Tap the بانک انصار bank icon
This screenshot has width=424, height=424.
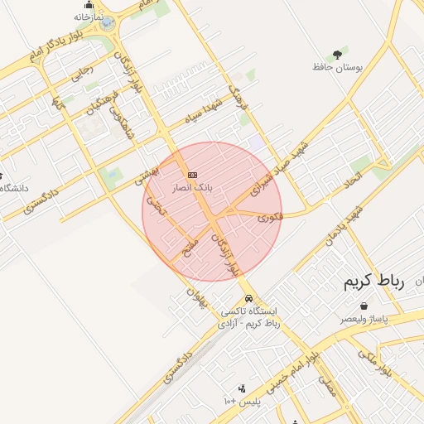(192, 175)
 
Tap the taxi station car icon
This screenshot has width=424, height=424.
(248, 298)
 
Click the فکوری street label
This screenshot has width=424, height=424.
(269, 219)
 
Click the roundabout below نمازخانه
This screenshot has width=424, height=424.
(108, 25)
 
